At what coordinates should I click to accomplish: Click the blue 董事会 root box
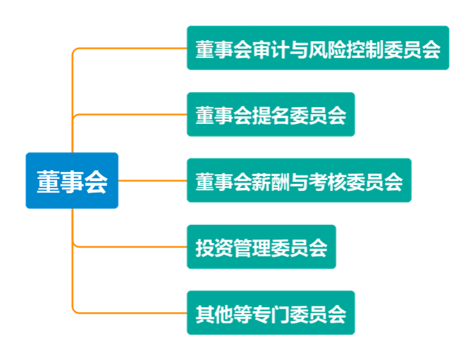[x=72, y=181]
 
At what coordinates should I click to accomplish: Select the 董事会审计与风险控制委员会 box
[x=318, y=48]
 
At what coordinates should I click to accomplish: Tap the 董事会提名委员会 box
[x=271, y=114]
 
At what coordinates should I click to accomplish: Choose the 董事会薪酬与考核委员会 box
[x=299, y=180]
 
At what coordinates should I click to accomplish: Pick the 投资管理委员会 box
[x=261, y=247]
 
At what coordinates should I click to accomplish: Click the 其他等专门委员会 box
[x=271, y=313]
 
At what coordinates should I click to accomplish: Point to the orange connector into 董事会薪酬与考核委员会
[x=152, y=180]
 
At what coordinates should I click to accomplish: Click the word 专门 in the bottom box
[x=271, y=314]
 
